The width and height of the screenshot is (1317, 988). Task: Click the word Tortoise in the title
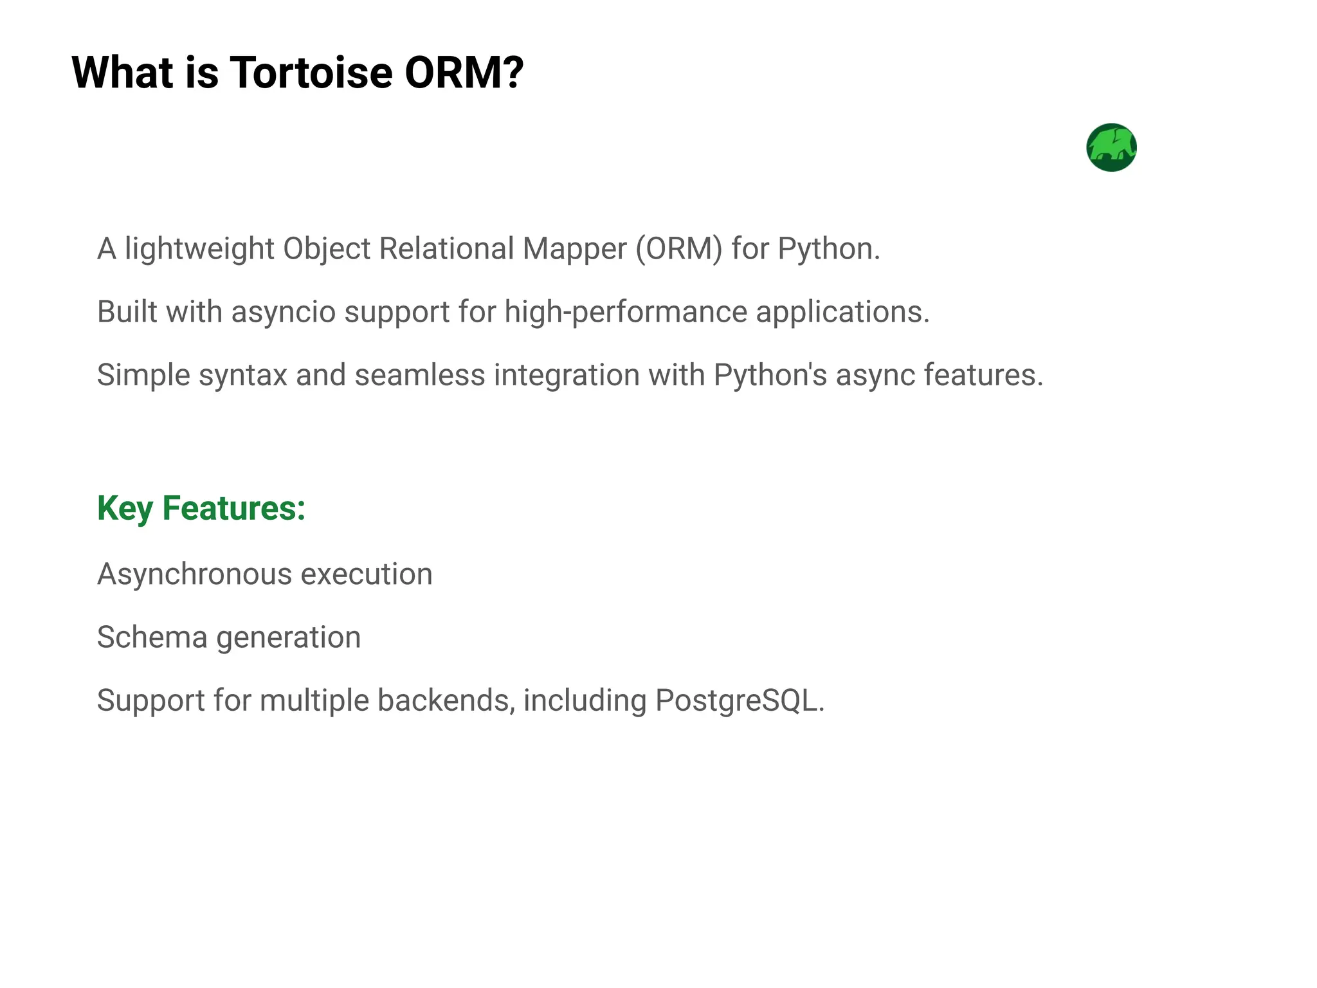pos(311,72)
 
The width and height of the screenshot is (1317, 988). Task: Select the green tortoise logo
pos(1111,147)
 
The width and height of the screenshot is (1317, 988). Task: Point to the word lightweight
pos(199,249)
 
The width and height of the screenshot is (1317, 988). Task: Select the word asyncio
pos(284,313)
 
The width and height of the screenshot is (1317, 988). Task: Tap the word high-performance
pos(626,313)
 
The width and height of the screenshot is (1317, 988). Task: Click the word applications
pos(842,313)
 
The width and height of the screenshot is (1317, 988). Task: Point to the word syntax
pos(242,376)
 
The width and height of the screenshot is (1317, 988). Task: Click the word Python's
pos(770,376)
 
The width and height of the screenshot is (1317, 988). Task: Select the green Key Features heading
pos(201,508)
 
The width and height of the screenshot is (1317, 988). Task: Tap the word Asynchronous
pos(194,574)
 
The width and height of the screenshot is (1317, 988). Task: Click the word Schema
pos(152,637)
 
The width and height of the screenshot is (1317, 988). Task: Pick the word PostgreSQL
pos(739,700)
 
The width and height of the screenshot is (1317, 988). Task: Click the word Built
pos(127,312)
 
